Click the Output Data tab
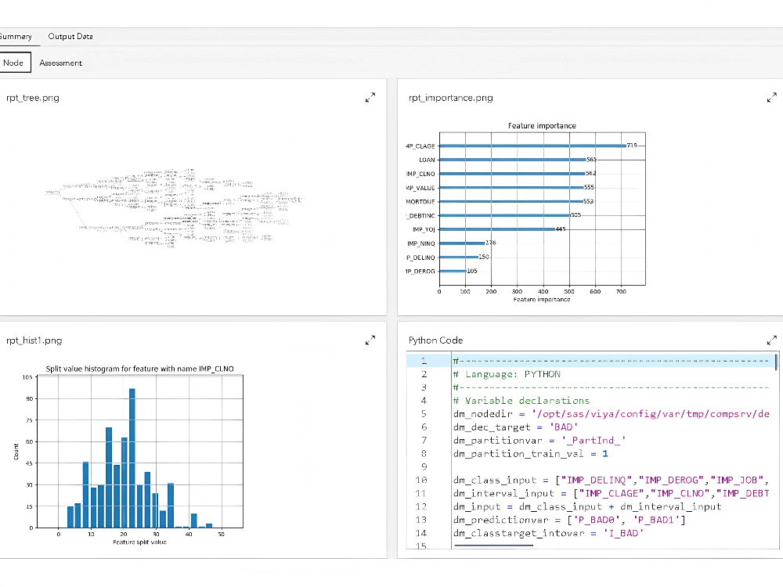pos(70,37)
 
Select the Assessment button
pos(60,63)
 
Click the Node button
pos(13,63)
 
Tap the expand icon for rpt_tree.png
pos(370,98)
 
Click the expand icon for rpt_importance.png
pos(771,98)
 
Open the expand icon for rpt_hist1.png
pos(370,340)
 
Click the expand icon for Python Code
pos(771,340)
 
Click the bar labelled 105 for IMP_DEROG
pos(452,272)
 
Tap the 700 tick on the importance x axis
pos(620,292)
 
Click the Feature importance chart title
pos(542,126)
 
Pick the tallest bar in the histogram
pos(132,457)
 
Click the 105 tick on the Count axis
pos(27,377)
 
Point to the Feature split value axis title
pos(139,542)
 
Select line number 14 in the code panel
pos(422,533)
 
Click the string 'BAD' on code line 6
pos(563,427)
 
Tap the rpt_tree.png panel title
pos(32,98)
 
